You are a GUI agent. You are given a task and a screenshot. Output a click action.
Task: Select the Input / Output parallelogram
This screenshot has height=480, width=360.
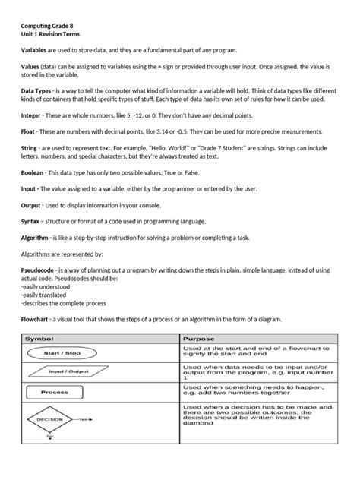point(67,371)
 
